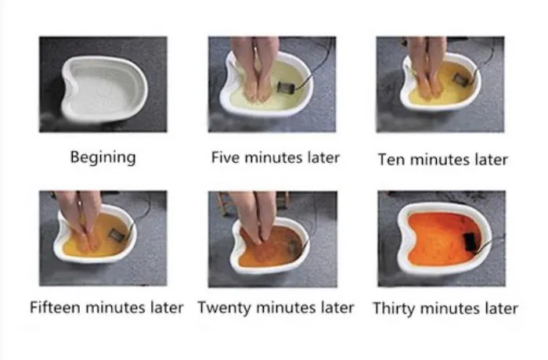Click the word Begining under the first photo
coord(103,157)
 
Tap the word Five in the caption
coord(226,157)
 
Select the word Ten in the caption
coord(392,160)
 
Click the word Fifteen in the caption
coord(56,308)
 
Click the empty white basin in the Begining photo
coord(104,90)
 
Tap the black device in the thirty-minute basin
coord(470,241)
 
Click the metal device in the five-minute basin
coord(283,87)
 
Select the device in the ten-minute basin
coord(460,80)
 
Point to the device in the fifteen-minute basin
coord(117,234)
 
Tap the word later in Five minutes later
coord(323,157)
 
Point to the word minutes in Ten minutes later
coord(440,160)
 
